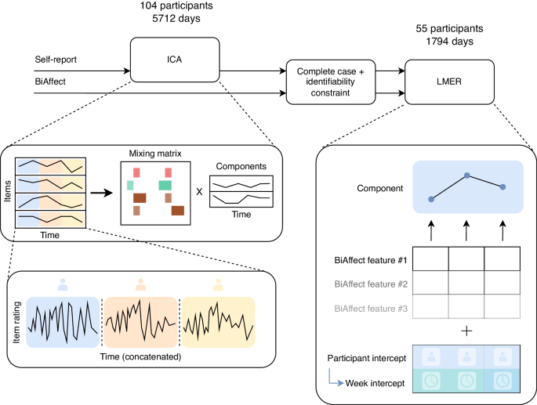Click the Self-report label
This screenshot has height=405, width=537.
56,60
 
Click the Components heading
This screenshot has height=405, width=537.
241,165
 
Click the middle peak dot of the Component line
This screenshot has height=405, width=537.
467,175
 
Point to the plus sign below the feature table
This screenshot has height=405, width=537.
467,331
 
